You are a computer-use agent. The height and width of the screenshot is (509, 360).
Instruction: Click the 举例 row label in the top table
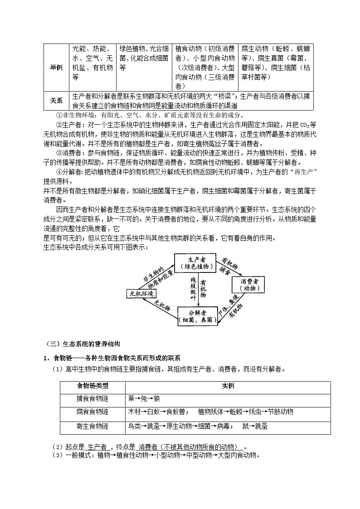click(x=56, y=67)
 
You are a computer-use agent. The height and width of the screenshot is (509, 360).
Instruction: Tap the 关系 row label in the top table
click(x=56, y=101)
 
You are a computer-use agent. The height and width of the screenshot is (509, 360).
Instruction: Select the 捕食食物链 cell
click(x=92, y=399)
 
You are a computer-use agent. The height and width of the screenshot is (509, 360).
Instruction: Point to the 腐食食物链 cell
click(x=92, y=412)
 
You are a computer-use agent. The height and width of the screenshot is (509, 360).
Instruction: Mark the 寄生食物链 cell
click(x=92, y=427)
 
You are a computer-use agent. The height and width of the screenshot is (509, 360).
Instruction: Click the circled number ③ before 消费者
click(x=58, y=154)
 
